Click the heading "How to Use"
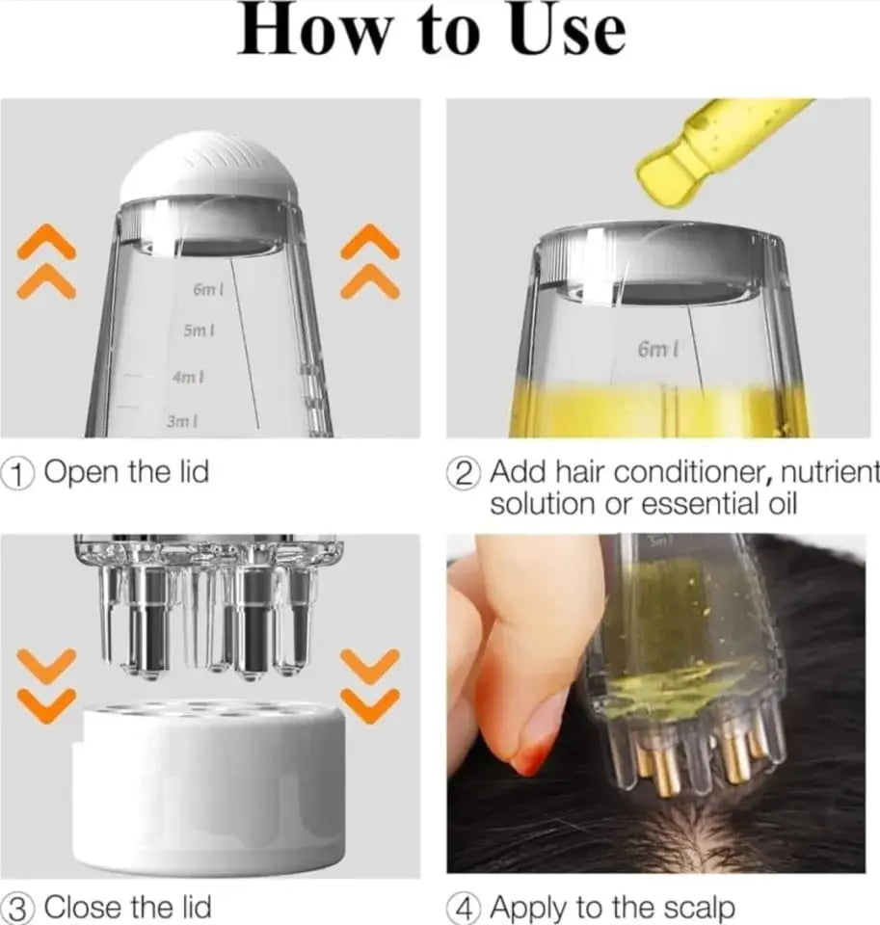[433, 33]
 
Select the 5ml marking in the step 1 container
[199, 330]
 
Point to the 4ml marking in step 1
[188, 377]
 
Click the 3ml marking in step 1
[183, 421]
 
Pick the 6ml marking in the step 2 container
[657, 349]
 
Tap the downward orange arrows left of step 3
[46, 685]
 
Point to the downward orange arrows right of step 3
[370, 685]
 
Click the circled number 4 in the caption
[466, 908]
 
